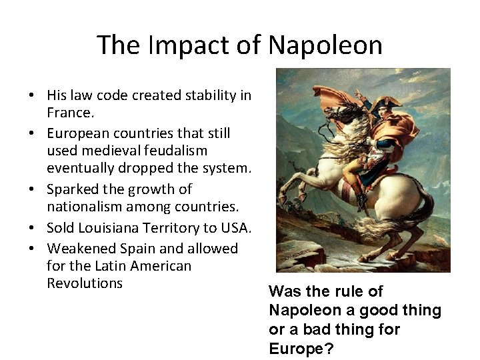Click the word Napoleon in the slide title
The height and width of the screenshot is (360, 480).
click(x=325, y=45)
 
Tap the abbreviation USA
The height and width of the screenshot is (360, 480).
click(x=235, y=228)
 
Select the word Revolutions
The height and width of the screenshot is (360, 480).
click(x=85, y=283)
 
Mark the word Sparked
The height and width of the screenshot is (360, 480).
click(x=71, y=189)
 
